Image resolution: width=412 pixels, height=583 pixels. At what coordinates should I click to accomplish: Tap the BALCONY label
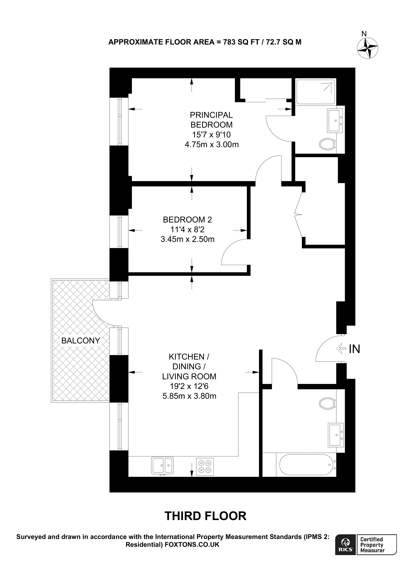coord(81,340)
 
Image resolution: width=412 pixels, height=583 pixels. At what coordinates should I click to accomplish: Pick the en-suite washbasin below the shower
coord(335,121)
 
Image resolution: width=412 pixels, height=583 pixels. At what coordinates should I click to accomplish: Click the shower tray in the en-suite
coord(316,92)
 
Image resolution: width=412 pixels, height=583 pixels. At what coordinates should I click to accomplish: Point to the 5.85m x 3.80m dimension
coord(189,396)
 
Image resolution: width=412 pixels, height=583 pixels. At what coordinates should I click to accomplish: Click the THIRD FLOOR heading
coord(206,516)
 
